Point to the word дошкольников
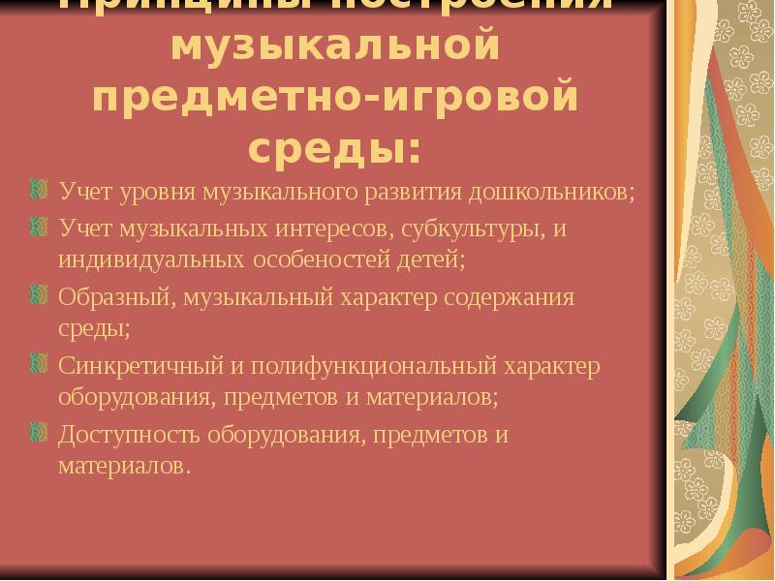(x=551, y=192)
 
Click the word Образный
(x=114, y=297)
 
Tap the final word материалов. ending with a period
(x=119, y=465)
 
